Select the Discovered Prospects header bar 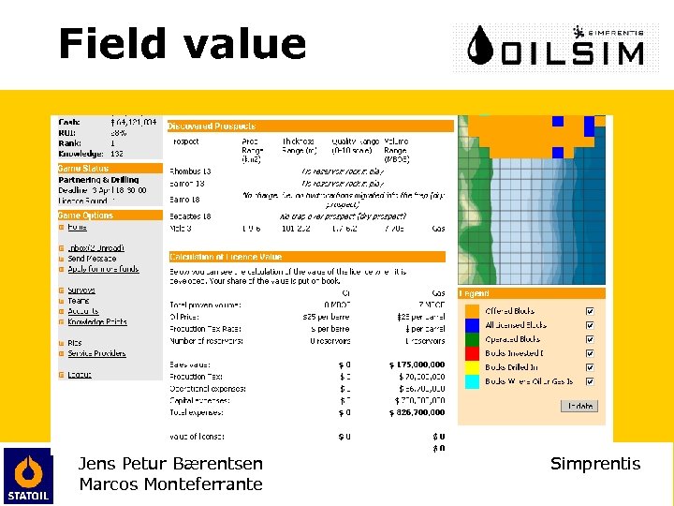click(309, 126)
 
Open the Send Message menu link click(92, 259)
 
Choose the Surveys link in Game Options click(81, 290)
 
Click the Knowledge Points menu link click(97, 321)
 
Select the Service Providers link click(97, 353)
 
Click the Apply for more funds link click(103, 269)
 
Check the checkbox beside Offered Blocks click(589, 311)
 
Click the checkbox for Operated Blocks click(589, 339)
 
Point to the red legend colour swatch click(472, 353)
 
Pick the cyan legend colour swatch click(472, 381)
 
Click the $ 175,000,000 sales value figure click(417, 365)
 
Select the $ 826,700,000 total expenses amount click(417, 411)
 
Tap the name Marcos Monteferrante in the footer click(170, 484)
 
